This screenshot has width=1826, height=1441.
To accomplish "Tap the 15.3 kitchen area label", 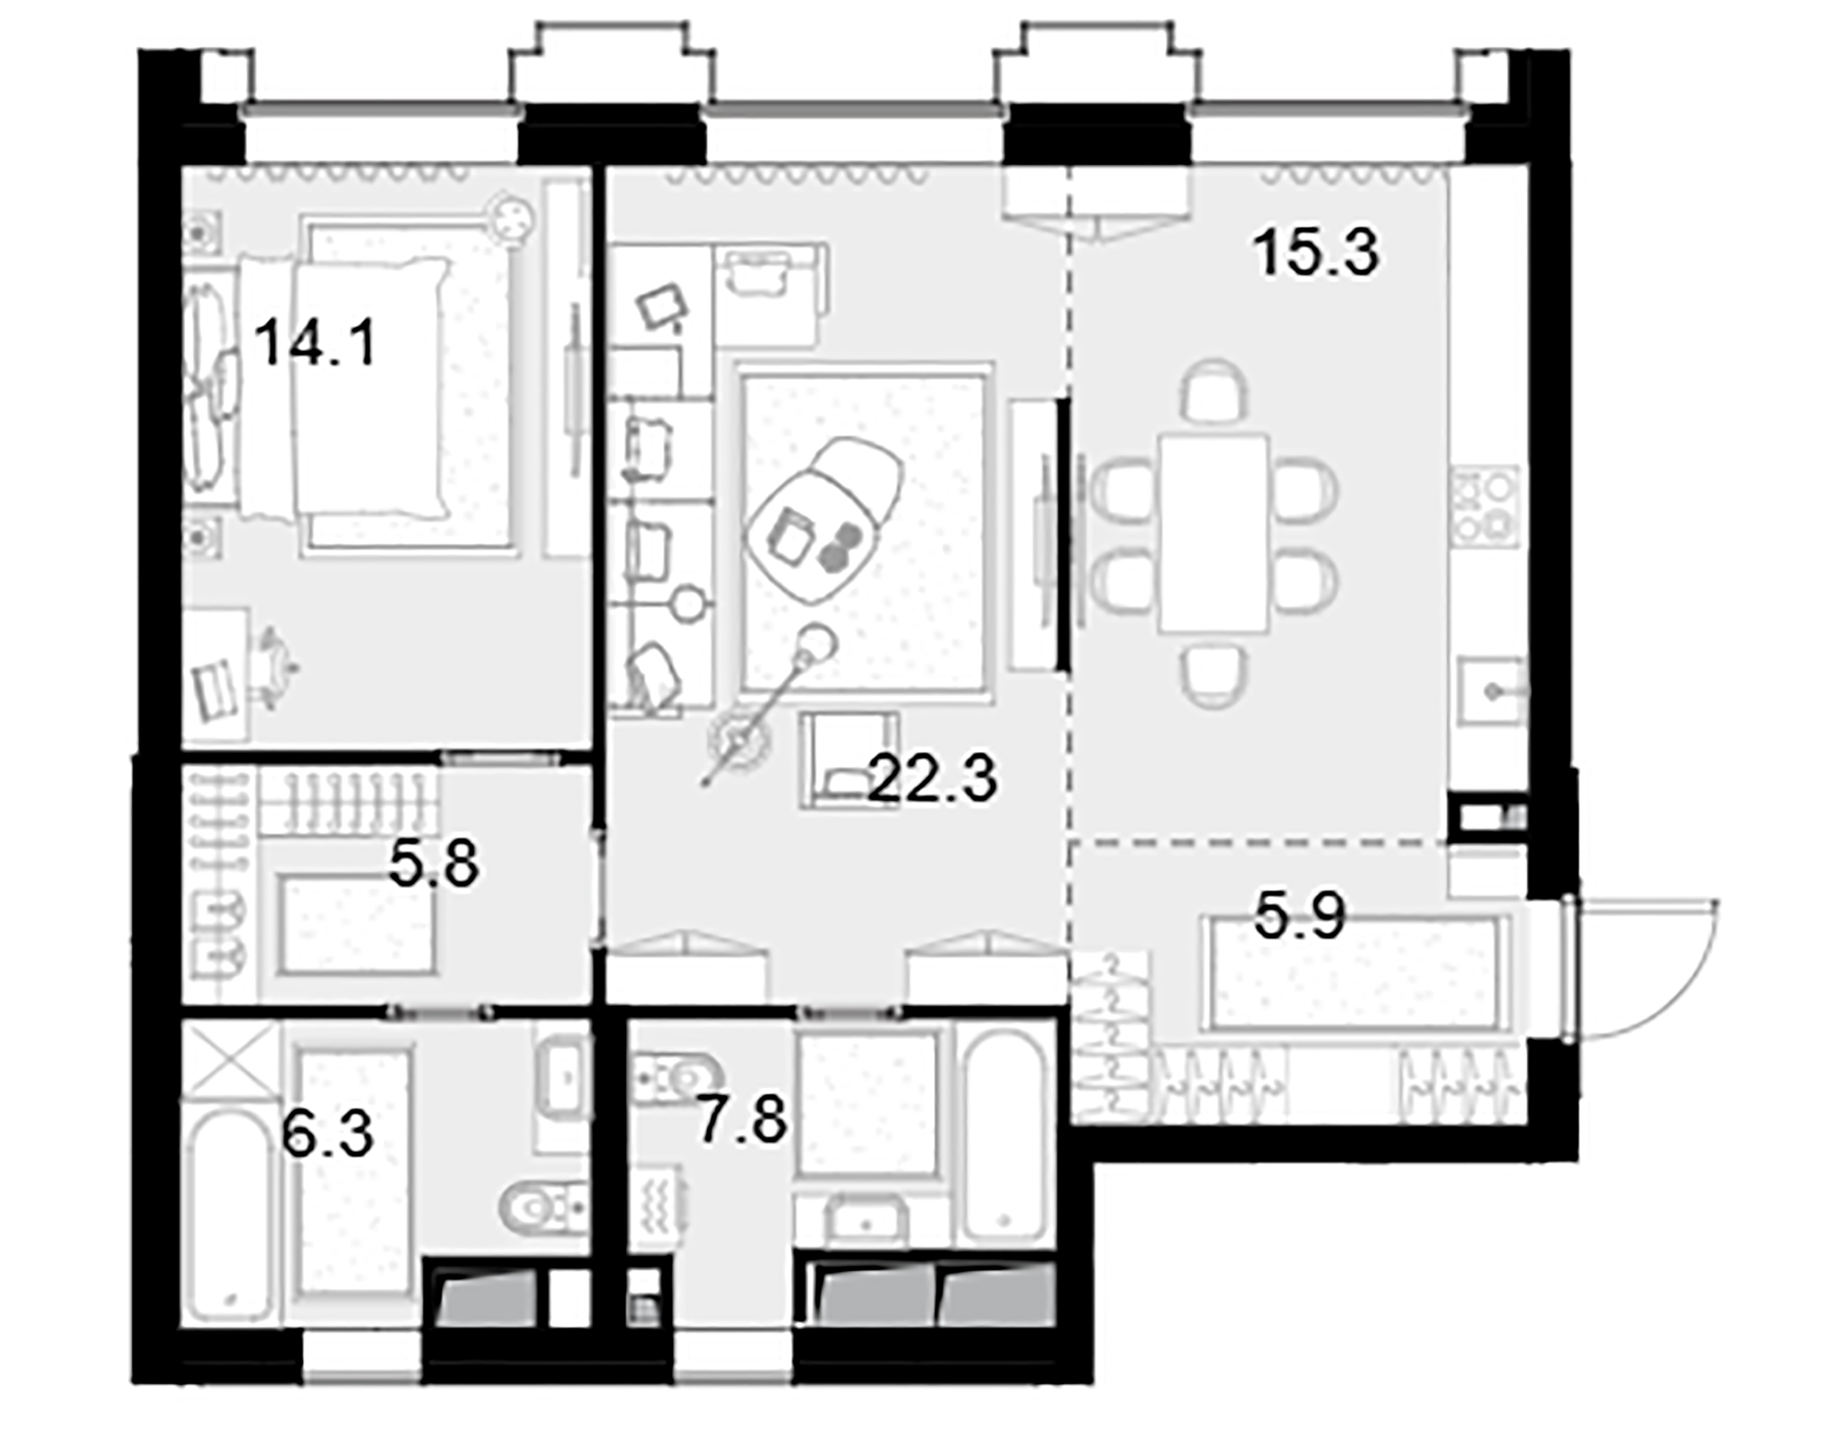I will (x=1315, y=253).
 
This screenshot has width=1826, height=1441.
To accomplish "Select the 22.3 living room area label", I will (x=932, y=779).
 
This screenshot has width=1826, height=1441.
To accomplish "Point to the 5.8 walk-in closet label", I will (x=433, y=864).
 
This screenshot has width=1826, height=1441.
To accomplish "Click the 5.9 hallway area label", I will (x=1299, y=917).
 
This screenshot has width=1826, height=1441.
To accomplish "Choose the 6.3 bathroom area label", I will (x=326, y=1134).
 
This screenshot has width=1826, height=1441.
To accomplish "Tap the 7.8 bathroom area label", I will (x=741, y=1120).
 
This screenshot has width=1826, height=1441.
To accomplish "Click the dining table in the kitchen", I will (x=1213, y=533).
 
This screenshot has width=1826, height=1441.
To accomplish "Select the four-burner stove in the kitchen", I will (x=1484, y=506).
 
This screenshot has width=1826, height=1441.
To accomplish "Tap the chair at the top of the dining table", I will (x=1213, y=392).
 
